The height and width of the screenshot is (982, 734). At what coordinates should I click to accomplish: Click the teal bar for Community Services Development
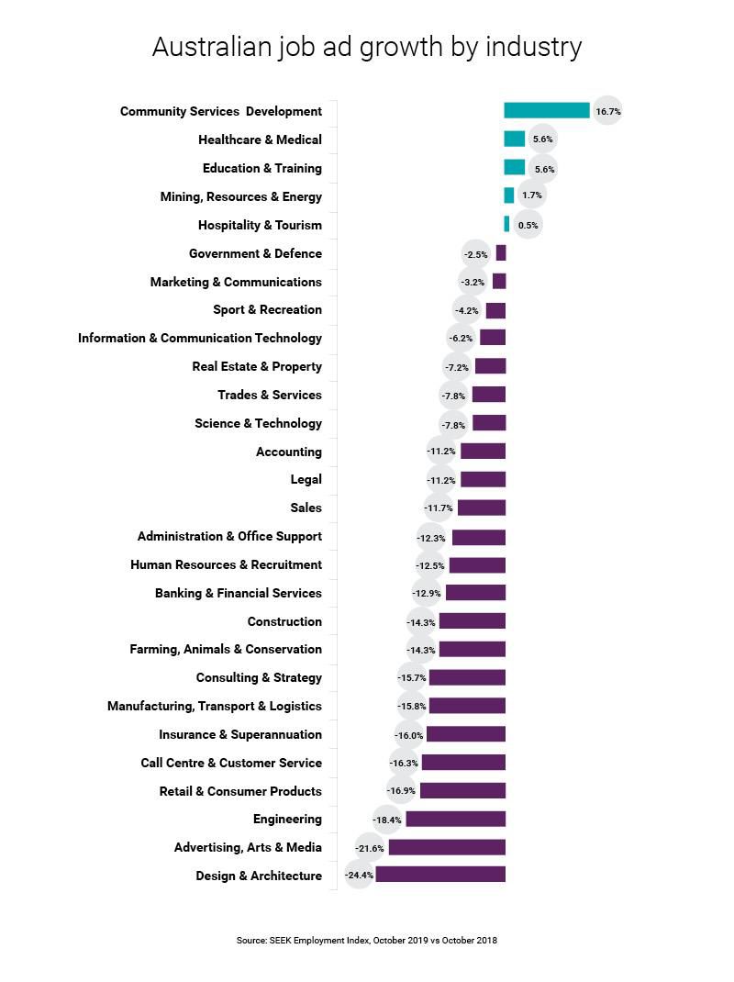point(547,111)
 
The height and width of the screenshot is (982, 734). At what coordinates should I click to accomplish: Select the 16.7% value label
point(607,111)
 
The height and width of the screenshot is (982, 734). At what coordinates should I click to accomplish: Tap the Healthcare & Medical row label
point(260,139)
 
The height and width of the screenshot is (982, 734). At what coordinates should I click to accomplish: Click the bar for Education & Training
point(514,168)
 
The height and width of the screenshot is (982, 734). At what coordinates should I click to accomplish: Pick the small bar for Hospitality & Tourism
point(506,225)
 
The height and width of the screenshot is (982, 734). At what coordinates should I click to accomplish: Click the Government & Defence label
point(255,253)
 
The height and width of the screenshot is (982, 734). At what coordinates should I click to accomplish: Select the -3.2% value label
point(473,282)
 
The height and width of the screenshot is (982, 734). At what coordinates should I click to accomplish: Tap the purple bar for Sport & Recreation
point(495,310)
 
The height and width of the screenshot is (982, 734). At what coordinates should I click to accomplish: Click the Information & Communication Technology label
point(200,338)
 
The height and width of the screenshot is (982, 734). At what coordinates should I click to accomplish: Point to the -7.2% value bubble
point(457,367)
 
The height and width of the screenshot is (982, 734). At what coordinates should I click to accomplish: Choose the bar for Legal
point(483,479)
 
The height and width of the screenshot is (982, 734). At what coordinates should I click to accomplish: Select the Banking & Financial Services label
point(239,593)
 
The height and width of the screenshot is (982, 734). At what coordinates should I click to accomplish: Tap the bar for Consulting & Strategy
point(467,677)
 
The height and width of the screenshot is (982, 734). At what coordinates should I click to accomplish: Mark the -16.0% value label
point(409,735)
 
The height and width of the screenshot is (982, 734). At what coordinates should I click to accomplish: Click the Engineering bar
point(455,819)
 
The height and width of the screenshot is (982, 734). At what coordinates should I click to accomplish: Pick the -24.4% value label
point(359,876)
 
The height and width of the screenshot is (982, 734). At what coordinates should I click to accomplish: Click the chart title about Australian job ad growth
point(367,47)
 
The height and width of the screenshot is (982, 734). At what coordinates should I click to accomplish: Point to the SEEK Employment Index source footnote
point(367,940)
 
